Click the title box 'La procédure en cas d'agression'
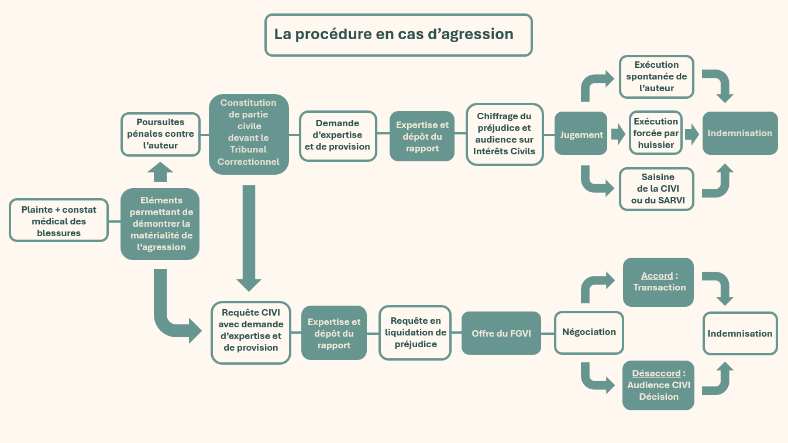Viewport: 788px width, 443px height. click(x=398, y=35)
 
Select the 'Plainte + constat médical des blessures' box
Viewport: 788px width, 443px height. click(x=59, y=220)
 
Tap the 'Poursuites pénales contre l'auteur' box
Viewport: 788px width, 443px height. click(x=160, y=134)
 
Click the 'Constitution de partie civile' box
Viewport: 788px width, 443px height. click(x=249, y=134)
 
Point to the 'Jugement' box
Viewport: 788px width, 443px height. click(x=581, y=133)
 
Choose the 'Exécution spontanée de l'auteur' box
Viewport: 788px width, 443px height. click(x=656, y=77)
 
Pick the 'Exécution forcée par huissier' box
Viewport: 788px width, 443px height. click(x=656, y=133)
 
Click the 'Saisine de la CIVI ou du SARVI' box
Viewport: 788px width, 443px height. click(x=656, y=189)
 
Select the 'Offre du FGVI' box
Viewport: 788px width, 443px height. click(x=501, y=333)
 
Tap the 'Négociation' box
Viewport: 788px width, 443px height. click(x=589, y=333)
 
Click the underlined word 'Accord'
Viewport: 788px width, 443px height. click(x=657, y=276)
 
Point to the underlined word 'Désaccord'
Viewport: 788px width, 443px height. click(x=656, y=373)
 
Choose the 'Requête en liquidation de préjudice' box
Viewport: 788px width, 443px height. click(x=415, y=333)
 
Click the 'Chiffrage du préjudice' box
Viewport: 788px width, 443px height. click(x=505, y=134)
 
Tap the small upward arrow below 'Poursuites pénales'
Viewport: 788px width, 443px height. click(x=160, y=172)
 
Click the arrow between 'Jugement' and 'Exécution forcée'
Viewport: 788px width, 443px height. click(x=618, y=133)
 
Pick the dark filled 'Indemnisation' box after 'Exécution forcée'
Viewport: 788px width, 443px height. click(x=740, y=133)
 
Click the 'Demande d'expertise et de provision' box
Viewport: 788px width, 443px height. click(x=338, y=136)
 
